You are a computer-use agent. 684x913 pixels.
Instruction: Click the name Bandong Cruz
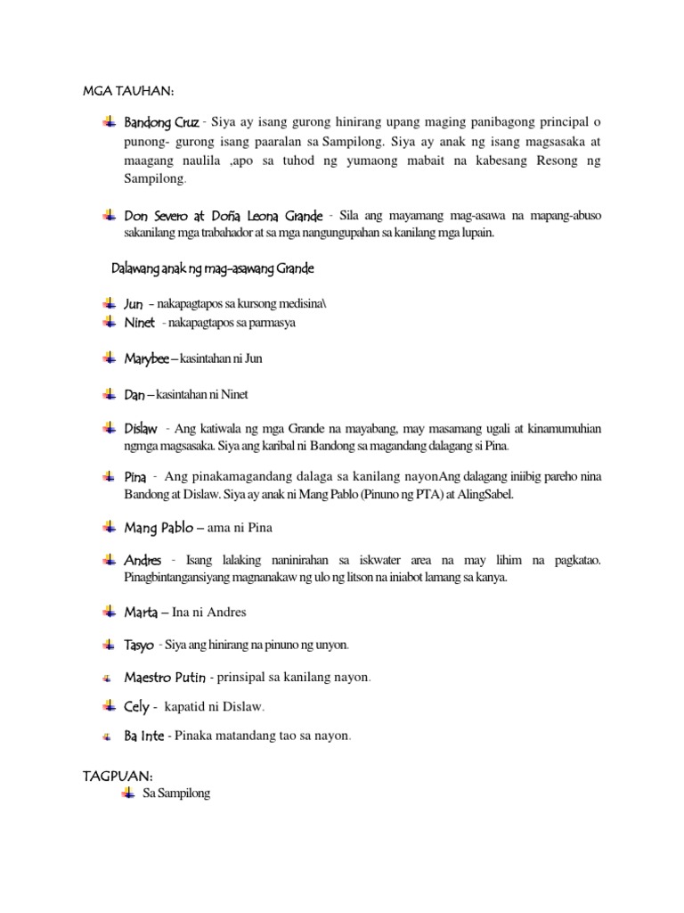161,122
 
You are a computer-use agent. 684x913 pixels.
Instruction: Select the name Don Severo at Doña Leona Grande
223,217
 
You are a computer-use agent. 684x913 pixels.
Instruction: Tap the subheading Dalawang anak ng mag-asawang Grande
213,268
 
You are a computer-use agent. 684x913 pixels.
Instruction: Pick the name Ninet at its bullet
139,322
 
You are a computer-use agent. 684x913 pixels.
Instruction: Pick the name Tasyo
140,645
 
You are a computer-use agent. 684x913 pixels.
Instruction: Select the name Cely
136,707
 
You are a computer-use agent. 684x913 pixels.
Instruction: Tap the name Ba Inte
144,736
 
